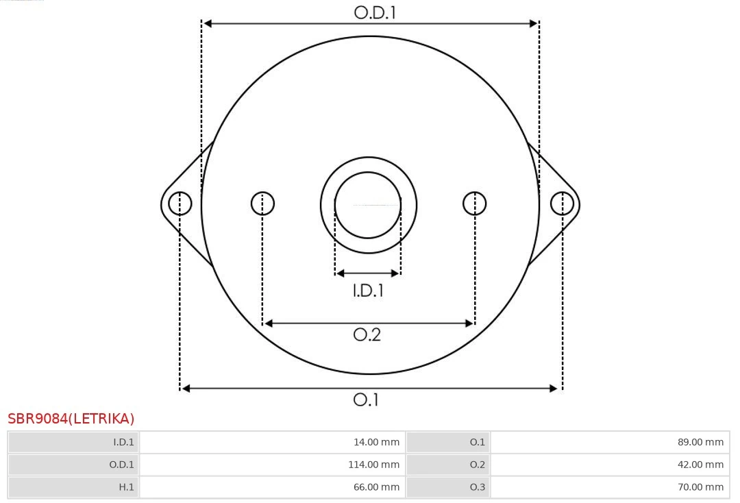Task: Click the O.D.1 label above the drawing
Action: [x=375, y=13]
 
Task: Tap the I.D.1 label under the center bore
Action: [x=368, y=290]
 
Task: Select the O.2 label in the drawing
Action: [x=367, y=334]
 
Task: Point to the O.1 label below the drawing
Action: [x=366, y=400]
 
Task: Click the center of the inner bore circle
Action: [x=368, y=205]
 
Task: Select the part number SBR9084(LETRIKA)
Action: [x=71, y=419]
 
